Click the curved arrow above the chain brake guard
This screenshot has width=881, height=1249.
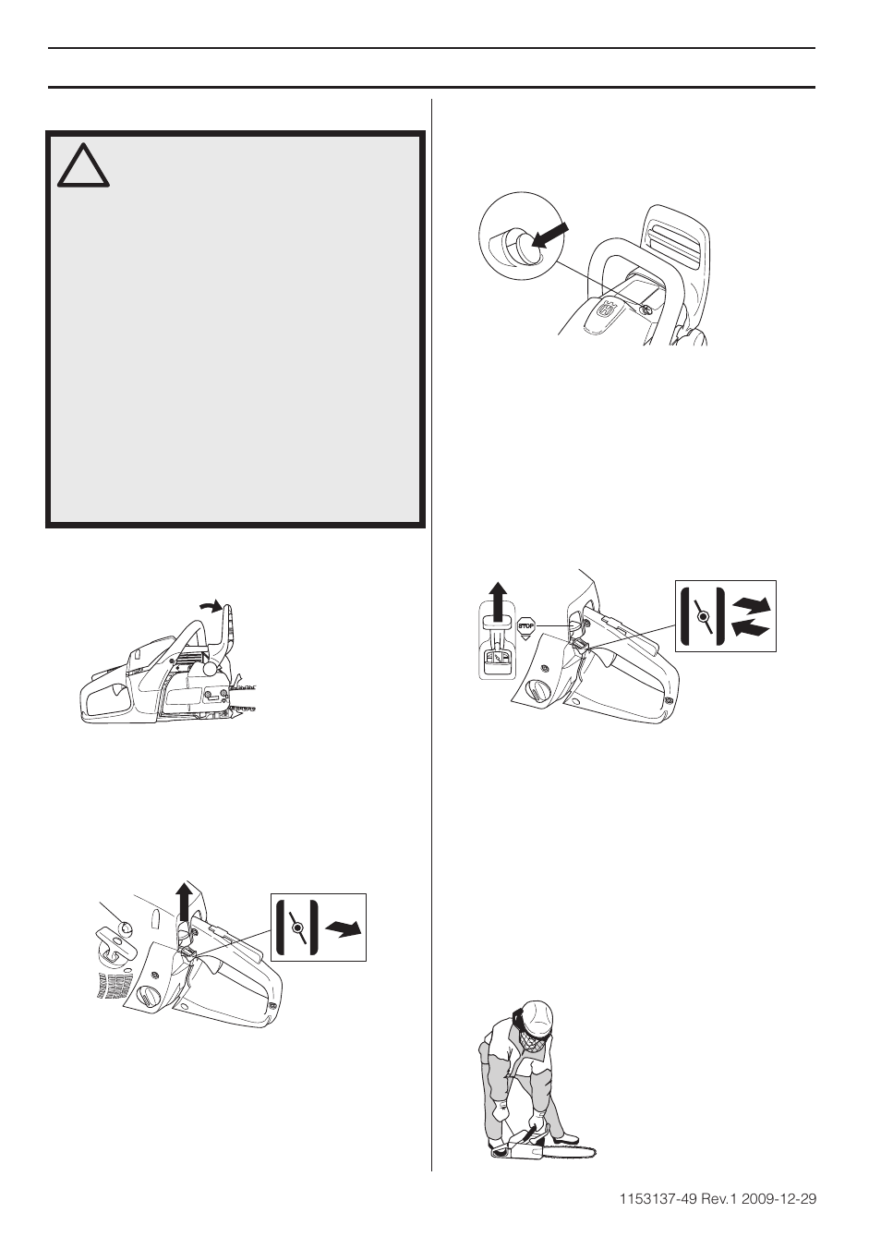point(211,606)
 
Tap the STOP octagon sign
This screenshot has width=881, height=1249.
point(527,624)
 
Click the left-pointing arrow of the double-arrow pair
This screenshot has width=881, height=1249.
point(749,629)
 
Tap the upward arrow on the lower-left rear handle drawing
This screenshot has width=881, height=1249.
point(183,902)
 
